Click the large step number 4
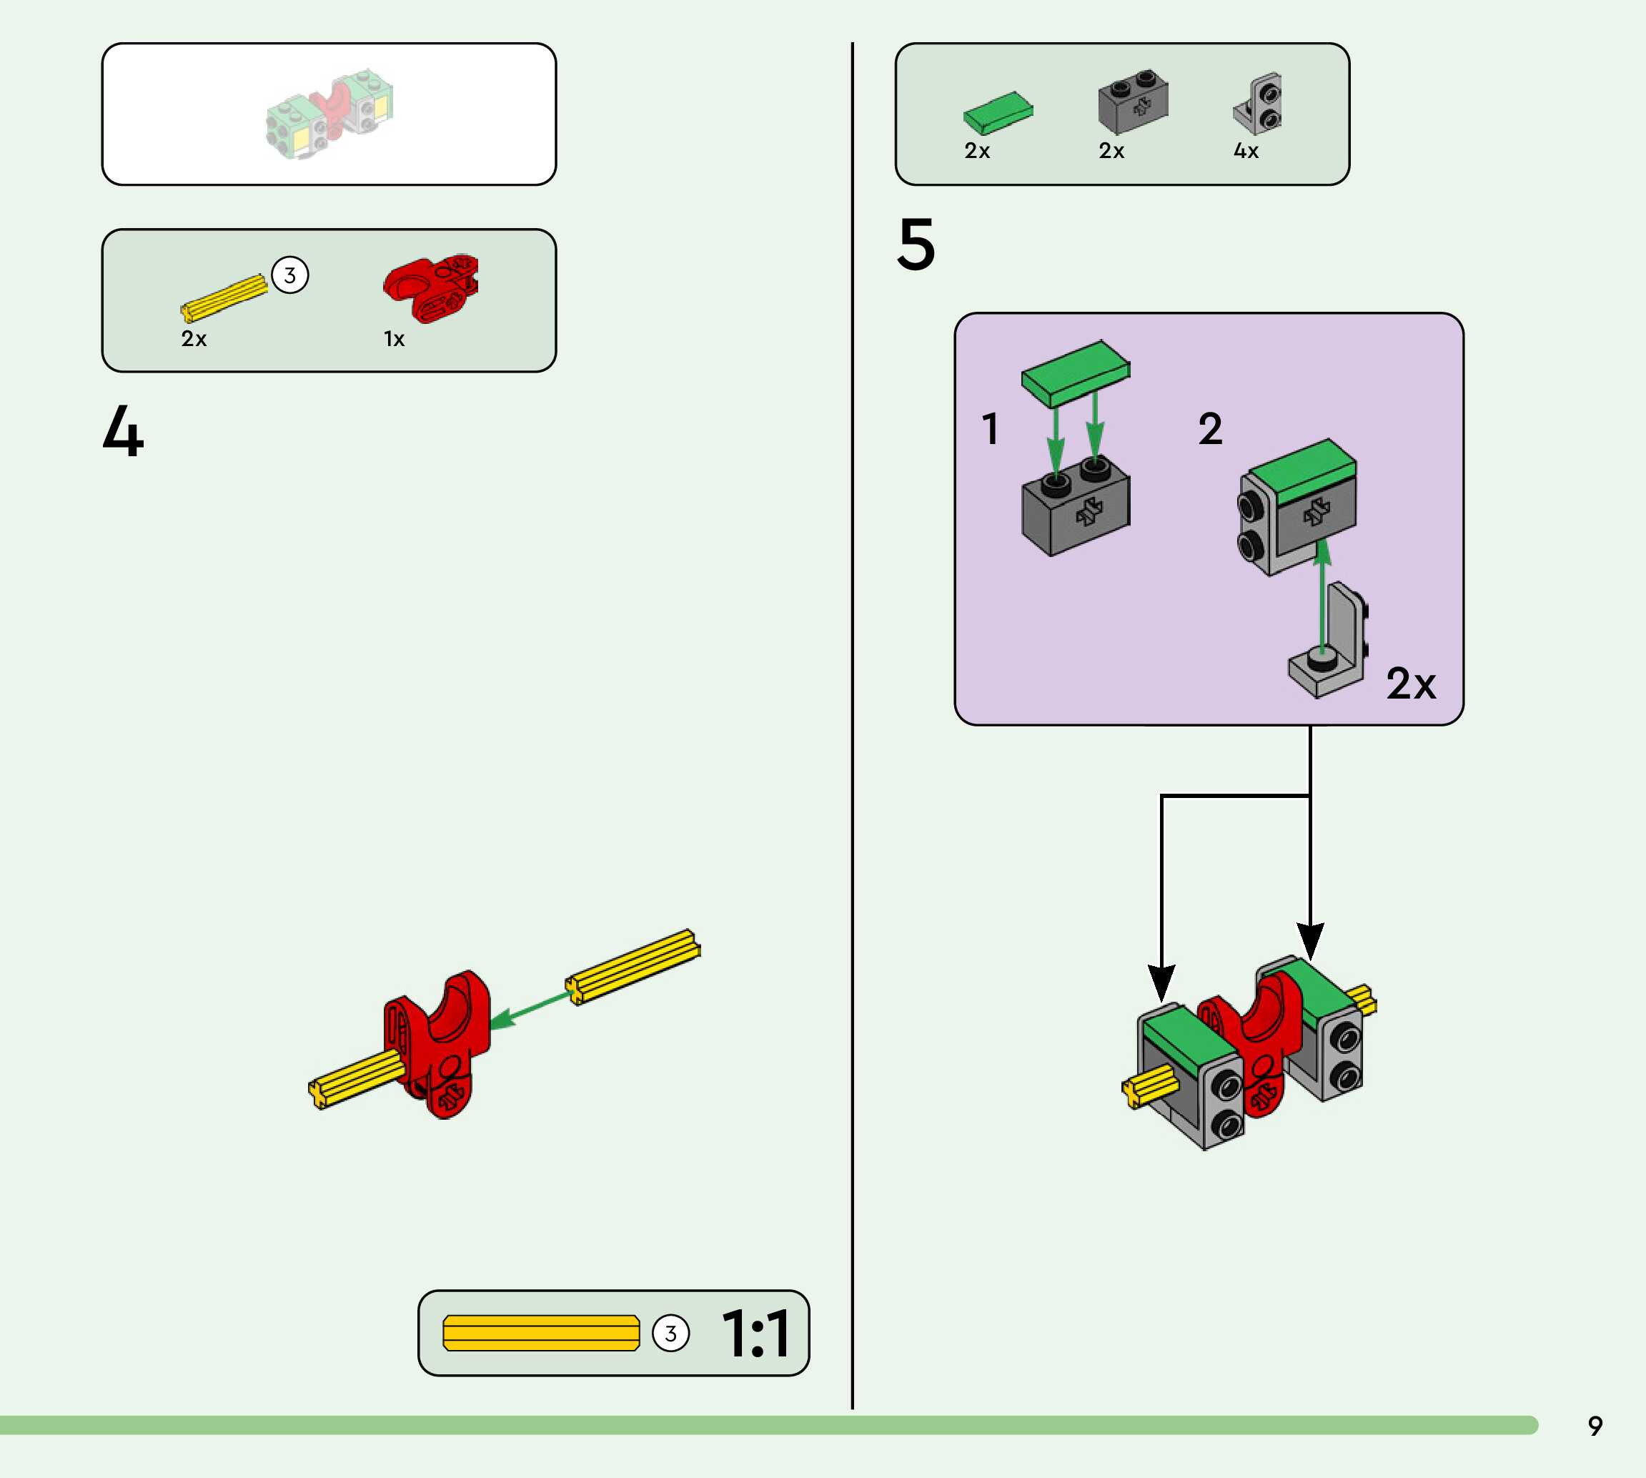pos(124,430)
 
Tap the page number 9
pos(1595,1426)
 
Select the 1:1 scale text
pos(755,1334)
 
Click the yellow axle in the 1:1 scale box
pos(540,1334)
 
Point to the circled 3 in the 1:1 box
pos(670,1334)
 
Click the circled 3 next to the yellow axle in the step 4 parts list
pos(289,275)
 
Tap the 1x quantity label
pos(395,339)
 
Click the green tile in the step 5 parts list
pos(998,112)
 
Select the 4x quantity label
pos(1246,151)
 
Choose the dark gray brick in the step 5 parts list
pos(1133,103)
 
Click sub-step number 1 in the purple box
pos(990,429)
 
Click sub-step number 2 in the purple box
pos(1210,429)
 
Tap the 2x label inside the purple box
pos(1411,684)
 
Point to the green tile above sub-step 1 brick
pos(1076,373)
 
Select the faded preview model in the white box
pos(329,114)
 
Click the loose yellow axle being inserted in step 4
pos(633,967)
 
